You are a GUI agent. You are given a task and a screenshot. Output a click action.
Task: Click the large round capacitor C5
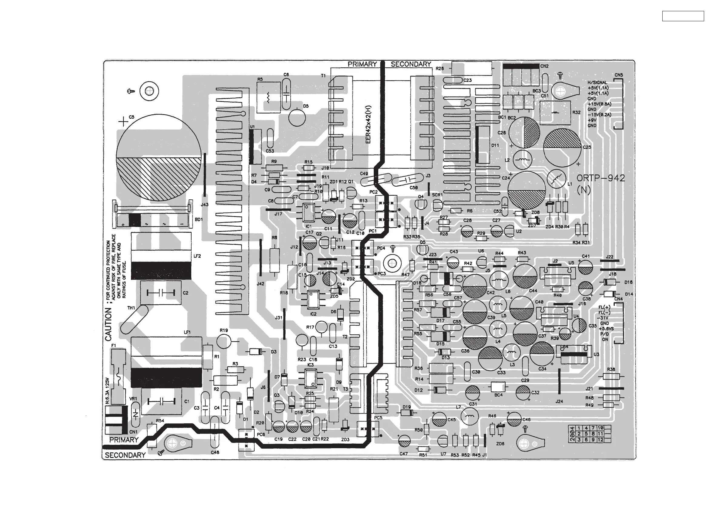(159, 157)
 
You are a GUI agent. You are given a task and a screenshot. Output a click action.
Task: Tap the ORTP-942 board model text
(601, 178)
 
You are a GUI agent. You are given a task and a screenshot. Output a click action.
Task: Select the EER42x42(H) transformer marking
(369, 124)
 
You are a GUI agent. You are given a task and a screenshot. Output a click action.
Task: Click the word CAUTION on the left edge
(108, 324)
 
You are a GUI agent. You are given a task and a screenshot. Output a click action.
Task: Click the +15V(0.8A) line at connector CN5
(599, 104)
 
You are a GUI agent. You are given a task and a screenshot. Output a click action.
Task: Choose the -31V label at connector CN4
(604, 318)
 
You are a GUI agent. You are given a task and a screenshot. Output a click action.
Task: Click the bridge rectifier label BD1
(199, 219)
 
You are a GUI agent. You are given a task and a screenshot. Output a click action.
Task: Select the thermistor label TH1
(131, 308)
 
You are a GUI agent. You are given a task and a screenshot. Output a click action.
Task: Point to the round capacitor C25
(562, 148)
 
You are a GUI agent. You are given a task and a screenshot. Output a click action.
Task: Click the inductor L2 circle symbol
(522, 160)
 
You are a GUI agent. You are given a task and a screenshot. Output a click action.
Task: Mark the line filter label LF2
(197, 256)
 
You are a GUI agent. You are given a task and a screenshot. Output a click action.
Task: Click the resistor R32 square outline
(555, 112)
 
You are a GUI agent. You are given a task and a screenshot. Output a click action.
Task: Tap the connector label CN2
(544, 66)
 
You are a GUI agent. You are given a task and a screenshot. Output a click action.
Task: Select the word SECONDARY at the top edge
(411, 64)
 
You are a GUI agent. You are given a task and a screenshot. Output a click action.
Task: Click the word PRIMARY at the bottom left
(124, 440)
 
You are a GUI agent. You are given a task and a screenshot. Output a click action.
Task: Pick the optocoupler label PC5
(378, 418)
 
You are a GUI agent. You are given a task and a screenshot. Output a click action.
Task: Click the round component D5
(297, 117)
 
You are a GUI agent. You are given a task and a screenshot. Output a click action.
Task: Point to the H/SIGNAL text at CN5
(597, 83)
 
